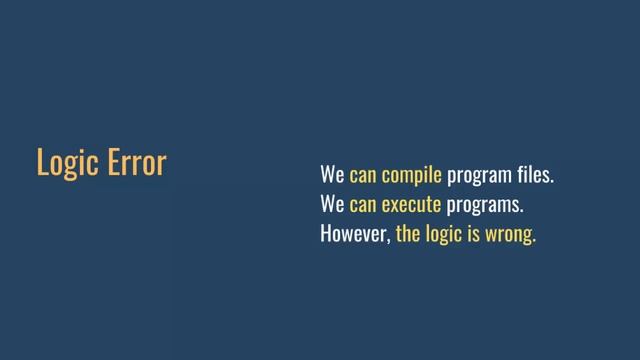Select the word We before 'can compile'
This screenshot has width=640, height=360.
tap(332, 176)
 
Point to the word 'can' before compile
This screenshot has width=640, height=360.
tap(362, 177)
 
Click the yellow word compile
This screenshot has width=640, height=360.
tap(411, 177)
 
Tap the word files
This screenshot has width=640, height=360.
tap(530, 176)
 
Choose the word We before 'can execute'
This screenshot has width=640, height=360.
tap(332, 206)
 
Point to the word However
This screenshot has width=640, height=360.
tap(354, 236)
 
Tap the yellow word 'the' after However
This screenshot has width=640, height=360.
tap(408, 236)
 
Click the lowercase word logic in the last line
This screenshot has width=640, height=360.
tap(443, 237)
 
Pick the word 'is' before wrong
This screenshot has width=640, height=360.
tap(474, 236)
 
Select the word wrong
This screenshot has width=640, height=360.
tap(509, 237)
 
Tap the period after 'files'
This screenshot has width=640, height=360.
tap(552, 182)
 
